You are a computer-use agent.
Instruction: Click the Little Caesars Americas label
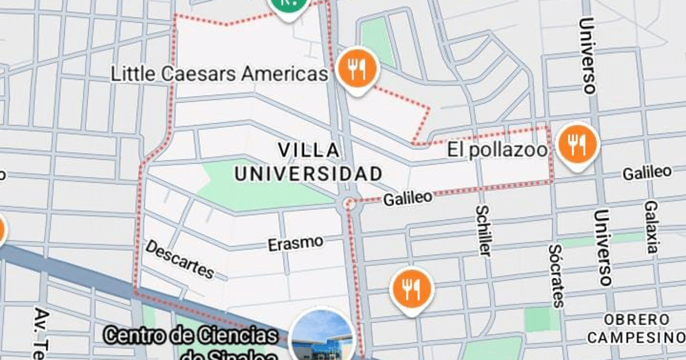pos(220,74)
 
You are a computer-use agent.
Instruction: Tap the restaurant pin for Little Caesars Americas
pos(358,69)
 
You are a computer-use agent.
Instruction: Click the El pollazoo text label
pos(497,150)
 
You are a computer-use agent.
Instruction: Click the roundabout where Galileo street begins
pos(348,203)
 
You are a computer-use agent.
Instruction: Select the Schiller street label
pos(484,231)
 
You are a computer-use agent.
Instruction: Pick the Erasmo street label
pos(295,243)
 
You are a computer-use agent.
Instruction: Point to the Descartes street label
pos(180,259)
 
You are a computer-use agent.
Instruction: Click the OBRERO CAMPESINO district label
pos(636,328)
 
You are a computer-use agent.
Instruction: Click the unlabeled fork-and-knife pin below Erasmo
pos(411,290)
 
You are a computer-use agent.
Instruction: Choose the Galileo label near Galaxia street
pos(647,172)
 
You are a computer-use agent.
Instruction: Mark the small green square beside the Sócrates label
pos(537,319)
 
